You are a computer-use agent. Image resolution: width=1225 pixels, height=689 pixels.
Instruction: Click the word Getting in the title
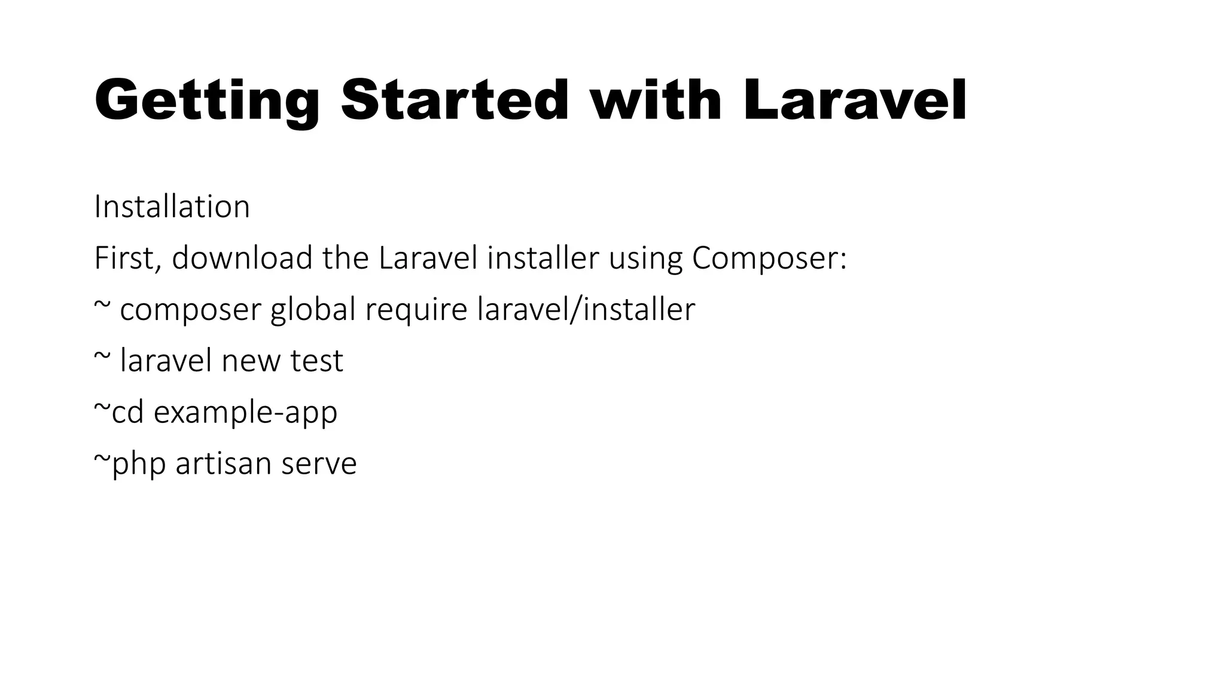point(206,101)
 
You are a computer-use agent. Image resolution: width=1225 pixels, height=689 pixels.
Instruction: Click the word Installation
point(172,207)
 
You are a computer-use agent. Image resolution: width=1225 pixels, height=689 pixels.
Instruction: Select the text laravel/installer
point(586,310)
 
